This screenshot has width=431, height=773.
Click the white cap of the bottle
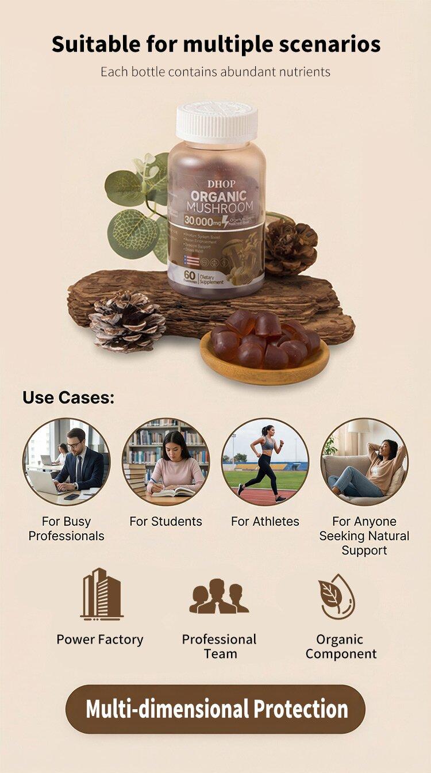(x=216, y=121)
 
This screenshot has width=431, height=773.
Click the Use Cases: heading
(x=68, y=397)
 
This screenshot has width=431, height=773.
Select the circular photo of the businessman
(x=66, y=461)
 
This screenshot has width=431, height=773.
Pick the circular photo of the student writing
(x=166, y=461)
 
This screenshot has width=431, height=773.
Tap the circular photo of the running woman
(x=265, y=461)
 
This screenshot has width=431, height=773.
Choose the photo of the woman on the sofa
(x=364, y=461)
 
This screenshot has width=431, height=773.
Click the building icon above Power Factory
(x=102, y=594)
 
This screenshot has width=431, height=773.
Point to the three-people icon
(x=219, y=596)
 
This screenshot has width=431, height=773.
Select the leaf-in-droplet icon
(x=337, y=596)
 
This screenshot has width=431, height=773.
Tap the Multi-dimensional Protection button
(x=215, y=709)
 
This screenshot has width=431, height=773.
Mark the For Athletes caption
(x=265, y=522)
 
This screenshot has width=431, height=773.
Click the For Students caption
(x=166, y=522)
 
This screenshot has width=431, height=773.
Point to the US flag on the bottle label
(x=191, y=261)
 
